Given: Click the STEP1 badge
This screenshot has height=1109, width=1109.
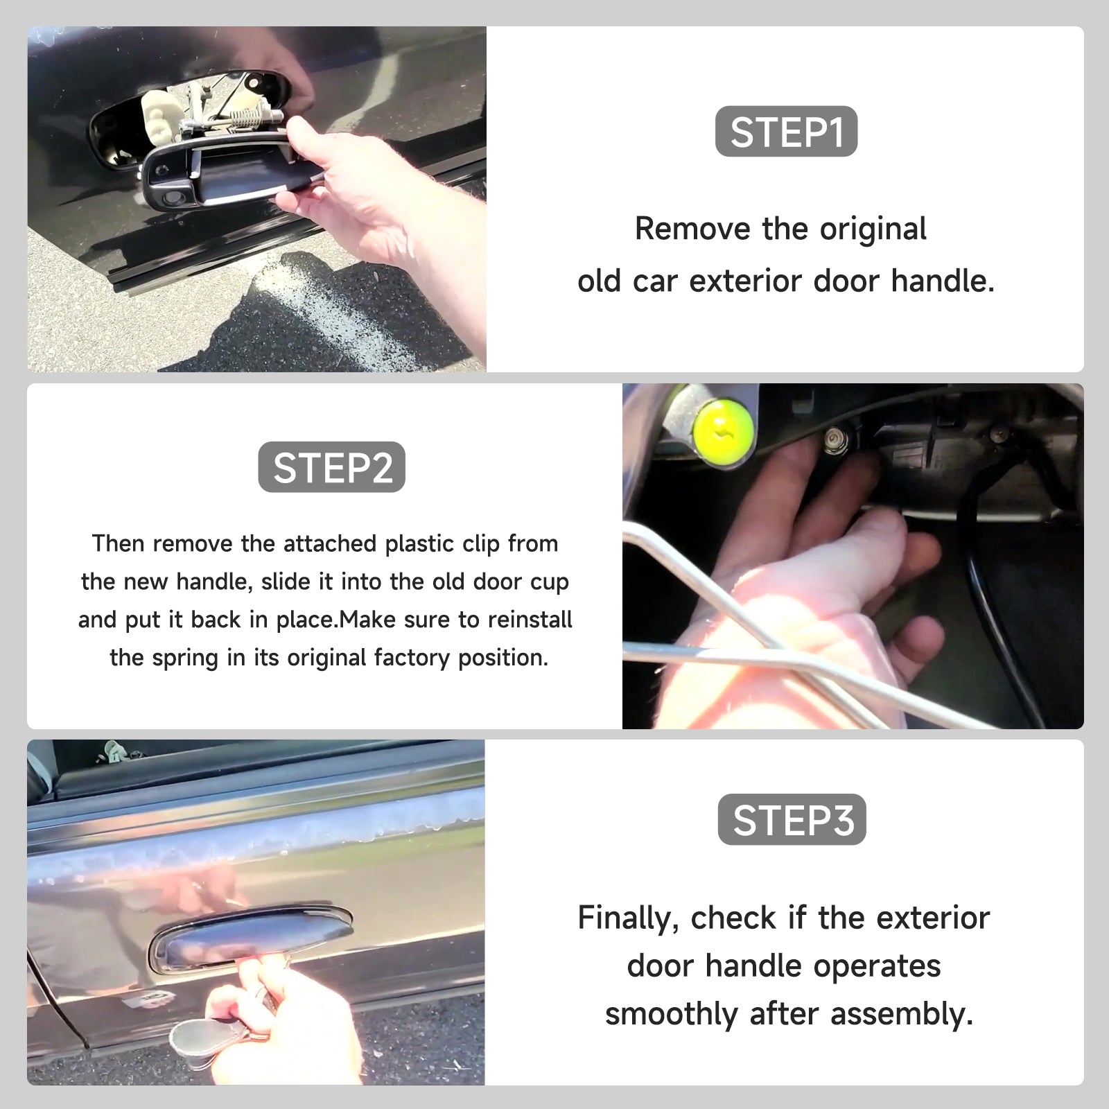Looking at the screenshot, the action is pos(786,131).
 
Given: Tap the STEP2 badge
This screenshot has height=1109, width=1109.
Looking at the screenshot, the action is pos(332,467).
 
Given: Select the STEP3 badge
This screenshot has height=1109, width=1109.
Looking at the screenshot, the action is pos(792,819).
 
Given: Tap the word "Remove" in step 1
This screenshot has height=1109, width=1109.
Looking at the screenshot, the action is pos(692,229).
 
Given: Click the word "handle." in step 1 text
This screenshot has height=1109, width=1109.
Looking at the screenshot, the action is pos(943,281).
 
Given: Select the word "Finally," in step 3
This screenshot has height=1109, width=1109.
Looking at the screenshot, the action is pos(628,919).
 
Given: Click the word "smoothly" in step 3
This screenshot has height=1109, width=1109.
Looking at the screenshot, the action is pos(671,1015).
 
